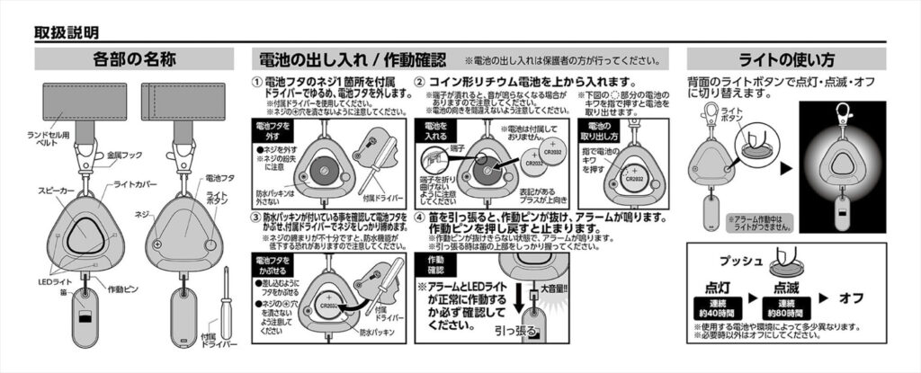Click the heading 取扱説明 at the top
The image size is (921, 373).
pyautogui.click(x=67, y=32)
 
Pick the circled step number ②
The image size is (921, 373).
pyautogui.click(x=420, y=82)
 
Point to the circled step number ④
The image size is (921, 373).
pyautogui.click(x=420, y=218)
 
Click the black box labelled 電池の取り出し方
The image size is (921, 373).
pyautogui.click(x=606, y=132)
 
